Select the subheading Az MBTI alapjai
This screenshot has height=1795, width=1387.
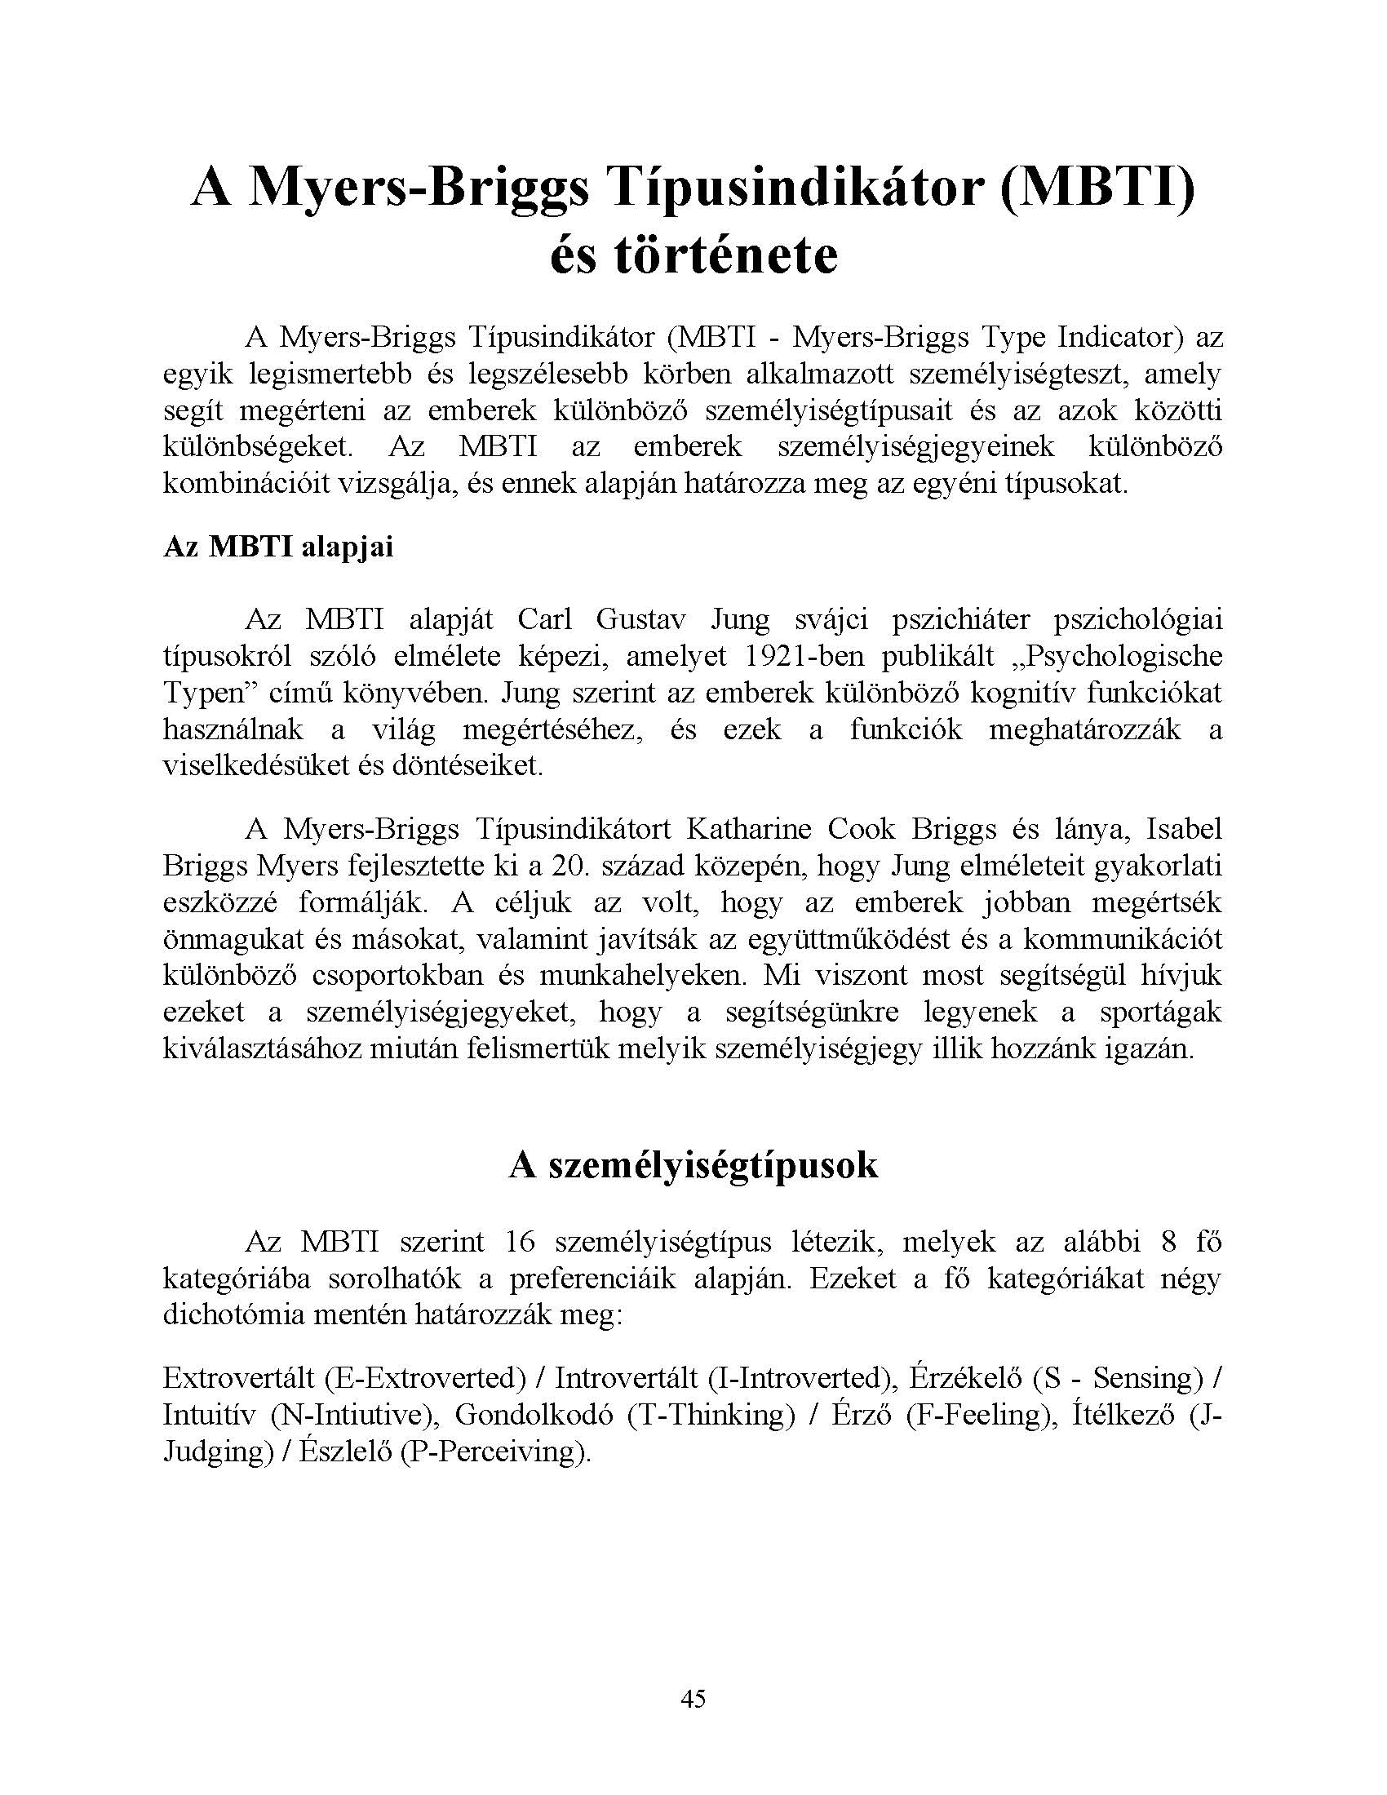click(x=277, y=547)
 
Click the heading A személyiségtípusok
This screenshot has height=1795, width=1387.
click(x=693, y=1165)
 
